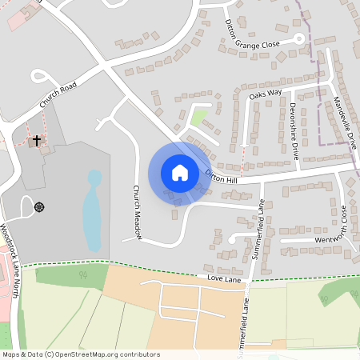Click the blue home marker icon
pos(180,173)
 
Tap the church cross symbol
pos(35,142)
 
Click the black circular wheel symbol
pos(39,206)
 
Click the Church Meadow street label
pos(137,212)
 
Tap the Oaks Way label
pos(266,94)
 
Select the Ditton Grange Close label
pos(253,37)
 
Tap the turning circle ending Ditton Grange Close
pos(298,38)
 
